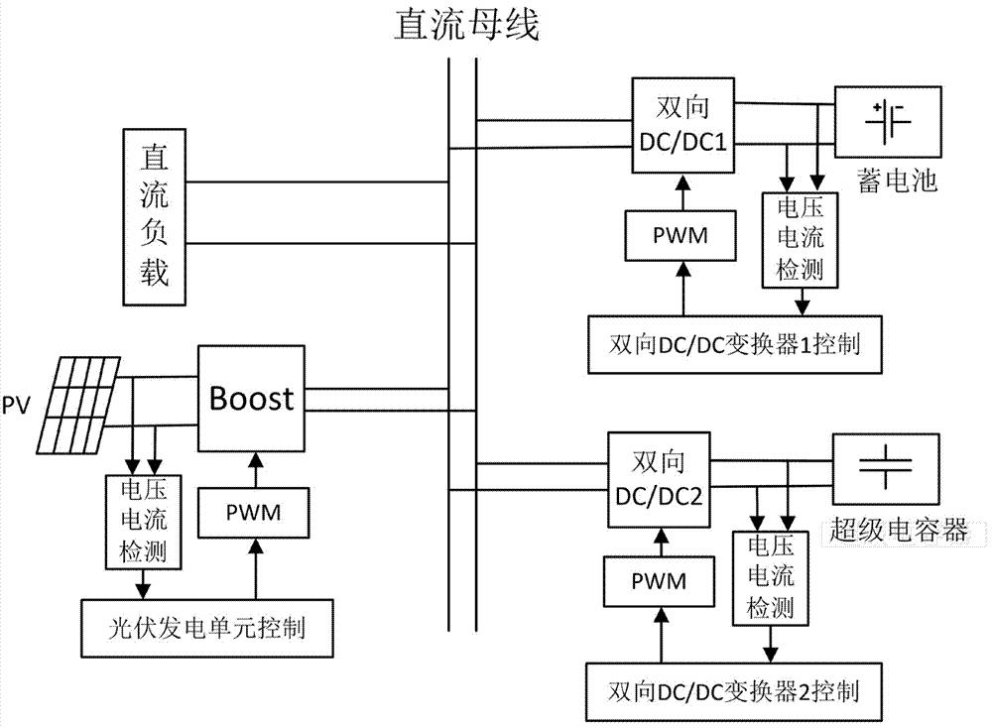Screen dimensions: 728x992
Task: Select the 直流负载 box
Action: (x=154, y=215)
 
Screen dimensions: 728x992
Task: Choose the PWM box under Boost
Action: (x=254, y=513)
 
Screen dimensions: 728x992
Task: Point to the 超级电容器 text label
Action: (x=897, y=530)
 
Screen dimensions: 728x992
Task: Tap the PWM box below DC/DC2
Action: (x=658, y=579)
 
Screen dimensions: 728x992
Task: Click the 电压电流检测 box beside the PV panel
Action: (x=143, y=522)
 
